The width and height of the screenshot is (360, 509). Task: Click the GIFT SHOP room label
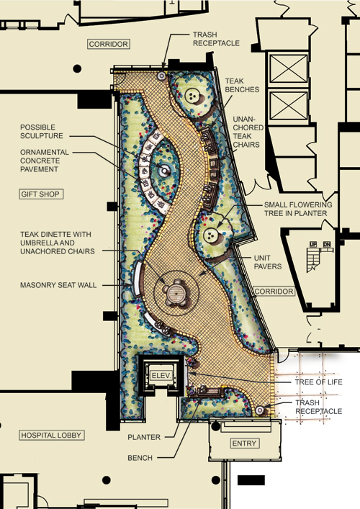[x=40, y=194]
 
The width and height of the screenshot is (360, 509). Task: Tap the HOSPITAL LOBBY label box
[x=51, y=435]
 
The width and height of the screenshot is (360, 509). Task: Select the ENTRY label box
[x=244, y=443]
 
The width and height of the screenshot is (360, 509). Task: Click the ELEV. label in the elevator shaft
[x=161, y=376]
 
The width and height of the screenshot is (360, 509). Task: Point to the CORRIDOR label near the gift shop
[x=109, y=44]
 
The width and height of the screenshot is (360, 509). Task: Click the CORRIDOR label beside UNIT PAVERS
[x=274, y=291]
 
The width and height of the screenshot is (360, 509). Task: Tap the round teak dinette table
[x=176, y=294]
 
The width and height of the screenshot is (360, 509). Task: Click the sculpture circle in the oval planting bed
[x=165, y=170]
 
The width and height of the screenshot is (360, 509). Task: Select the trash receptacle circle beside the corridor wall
[x=162, y=76]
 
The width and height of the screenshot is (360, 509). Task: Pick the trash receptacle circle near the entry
[x=260, y=410]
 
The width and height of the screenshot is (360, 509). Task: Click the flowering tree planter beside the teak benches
[x=193, y=96]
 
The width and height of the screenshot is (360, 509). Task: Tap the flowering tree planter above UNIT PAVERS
[x=212, y=235]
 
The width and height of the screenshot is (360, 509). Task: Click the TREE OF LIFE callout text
[x=318, y=382]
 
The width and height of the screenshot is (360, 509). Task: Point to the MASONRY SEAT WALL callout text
[x=58, y=285]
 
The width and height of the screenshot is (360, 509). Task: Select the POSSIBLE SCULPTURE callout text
[x=42, y=132]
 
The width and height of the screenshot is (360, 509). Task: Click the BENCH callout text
[x=140, y=458]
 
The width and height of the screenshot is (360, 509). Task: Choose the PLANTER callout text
[x=144, y=437]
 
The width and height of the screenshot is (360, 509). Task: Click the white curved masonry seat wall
[x=137, y=279]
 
